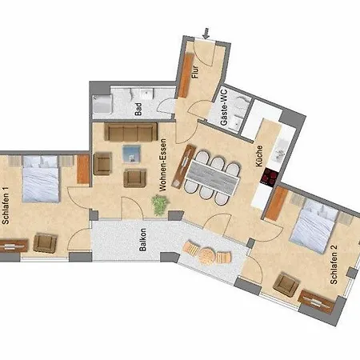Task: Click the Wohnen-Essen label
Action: (x=162, y=165)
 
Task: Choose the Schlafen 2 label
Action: (x=334, y=266)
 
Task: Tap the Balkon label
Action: (x=142, y=253)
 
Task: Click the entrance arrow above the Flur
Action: (x=206, y=33)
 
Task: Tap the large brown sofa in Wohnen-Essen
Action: (x=133, y=131)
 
